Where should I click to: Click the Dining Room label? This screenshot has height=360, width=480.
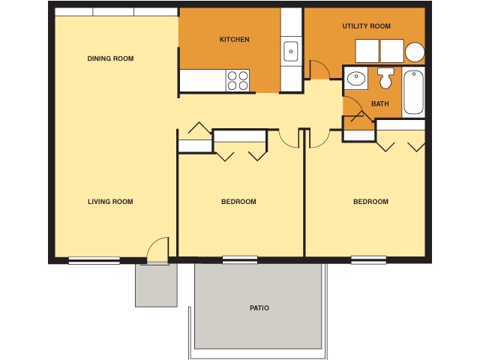[110, 58]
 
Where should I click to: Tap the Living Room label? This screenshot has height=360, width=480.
[110, 201]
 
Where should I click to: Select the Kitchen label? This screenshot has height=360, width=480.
[234, 39]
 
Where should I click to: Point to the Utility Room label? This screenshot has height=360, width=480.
[366, 26]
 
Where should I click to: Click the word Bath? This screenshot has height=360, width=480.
[380, 103]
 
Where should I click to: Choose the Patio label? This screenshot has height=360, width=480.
[259, 307]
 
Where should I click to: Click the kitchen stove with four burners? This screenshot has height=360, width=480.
[238, 79]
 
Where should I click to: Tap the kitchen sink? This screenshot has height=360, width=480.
[291, 51]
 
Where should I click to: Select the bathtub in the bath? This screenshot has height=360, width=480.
[413, 91]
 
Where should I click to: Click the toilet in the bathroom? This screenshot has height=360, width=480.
[385, 77]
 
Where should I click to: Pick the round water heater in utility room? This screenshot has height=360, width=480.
[415, 52]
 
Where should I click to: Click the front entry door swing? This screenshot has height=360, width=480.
[157, 250]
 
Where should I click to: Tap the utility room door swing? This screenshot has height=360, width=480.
[319, 69]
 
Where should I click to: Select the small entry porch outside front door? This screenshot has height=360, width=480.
[156, 285]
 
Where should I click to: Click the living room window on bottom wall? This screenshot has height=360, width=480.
[94, 260]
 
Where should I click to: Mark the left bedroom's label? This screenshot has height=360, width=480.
[238, 201]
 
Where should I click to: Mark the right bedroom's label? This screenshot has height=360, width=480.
[370, 201]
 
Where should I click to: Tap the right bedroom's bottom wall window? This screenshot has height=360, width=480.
[369, 260]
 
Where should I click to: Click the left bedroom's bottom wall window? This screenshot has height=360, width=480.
[240, 260]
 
